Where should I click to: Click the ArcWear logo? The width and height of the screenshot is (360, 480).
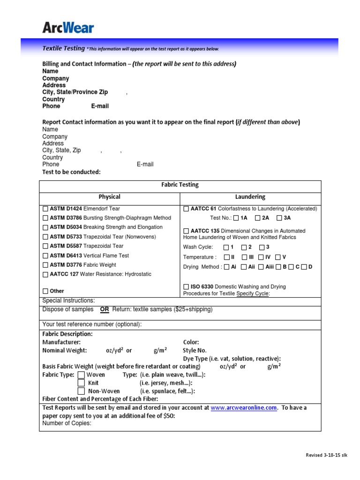coord(68,27)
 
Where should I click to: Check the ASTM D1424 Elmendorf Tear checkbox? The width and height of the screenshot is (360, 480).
coord(45,209)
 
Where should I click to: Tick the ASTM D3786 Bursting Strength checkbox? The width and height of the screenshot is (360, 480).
coord(45,218)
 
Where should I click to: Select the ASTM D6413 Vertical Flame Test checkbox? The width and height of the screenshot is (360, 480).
coord(45,256)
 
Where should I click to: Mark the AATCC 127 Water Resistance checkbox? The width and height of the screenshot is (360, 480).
coord(45,275)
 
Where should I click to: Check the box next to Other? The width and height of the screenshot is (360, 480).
coord(45,291)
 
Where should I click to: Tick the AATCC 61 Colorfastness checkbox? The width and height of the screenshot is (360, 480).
coord(186,209)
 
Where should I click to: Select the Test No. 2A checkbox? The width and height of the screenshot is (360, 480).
coord(258,218)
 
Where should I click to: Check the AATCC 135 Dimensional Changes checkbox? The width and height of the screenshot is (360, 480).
coord(186,231)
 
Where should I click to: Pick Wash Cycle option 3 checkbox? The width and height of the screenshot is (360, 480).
coord(262,247)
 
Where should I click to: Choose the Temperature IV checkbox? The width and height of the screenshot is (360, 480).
coord(261,257)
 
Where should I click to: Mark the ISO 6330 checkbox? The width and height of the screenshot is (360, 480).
coord(186,286)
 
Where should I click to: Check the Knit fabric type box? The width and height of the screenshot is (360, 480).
coord(81,383)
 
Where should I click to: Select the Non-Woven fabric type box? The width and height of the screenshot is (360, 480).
coord(81,391)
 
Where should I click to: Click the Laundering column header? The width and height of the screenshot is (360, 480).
coord(250,197)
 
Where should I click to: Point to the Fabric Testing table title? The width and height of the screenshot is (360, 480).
coord(180,185)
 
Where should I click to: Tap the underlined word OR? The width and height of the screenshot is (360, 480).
coord(105,309)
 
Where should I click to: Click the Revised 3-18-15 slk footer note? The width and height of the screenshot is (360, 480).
coord(327,455)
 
